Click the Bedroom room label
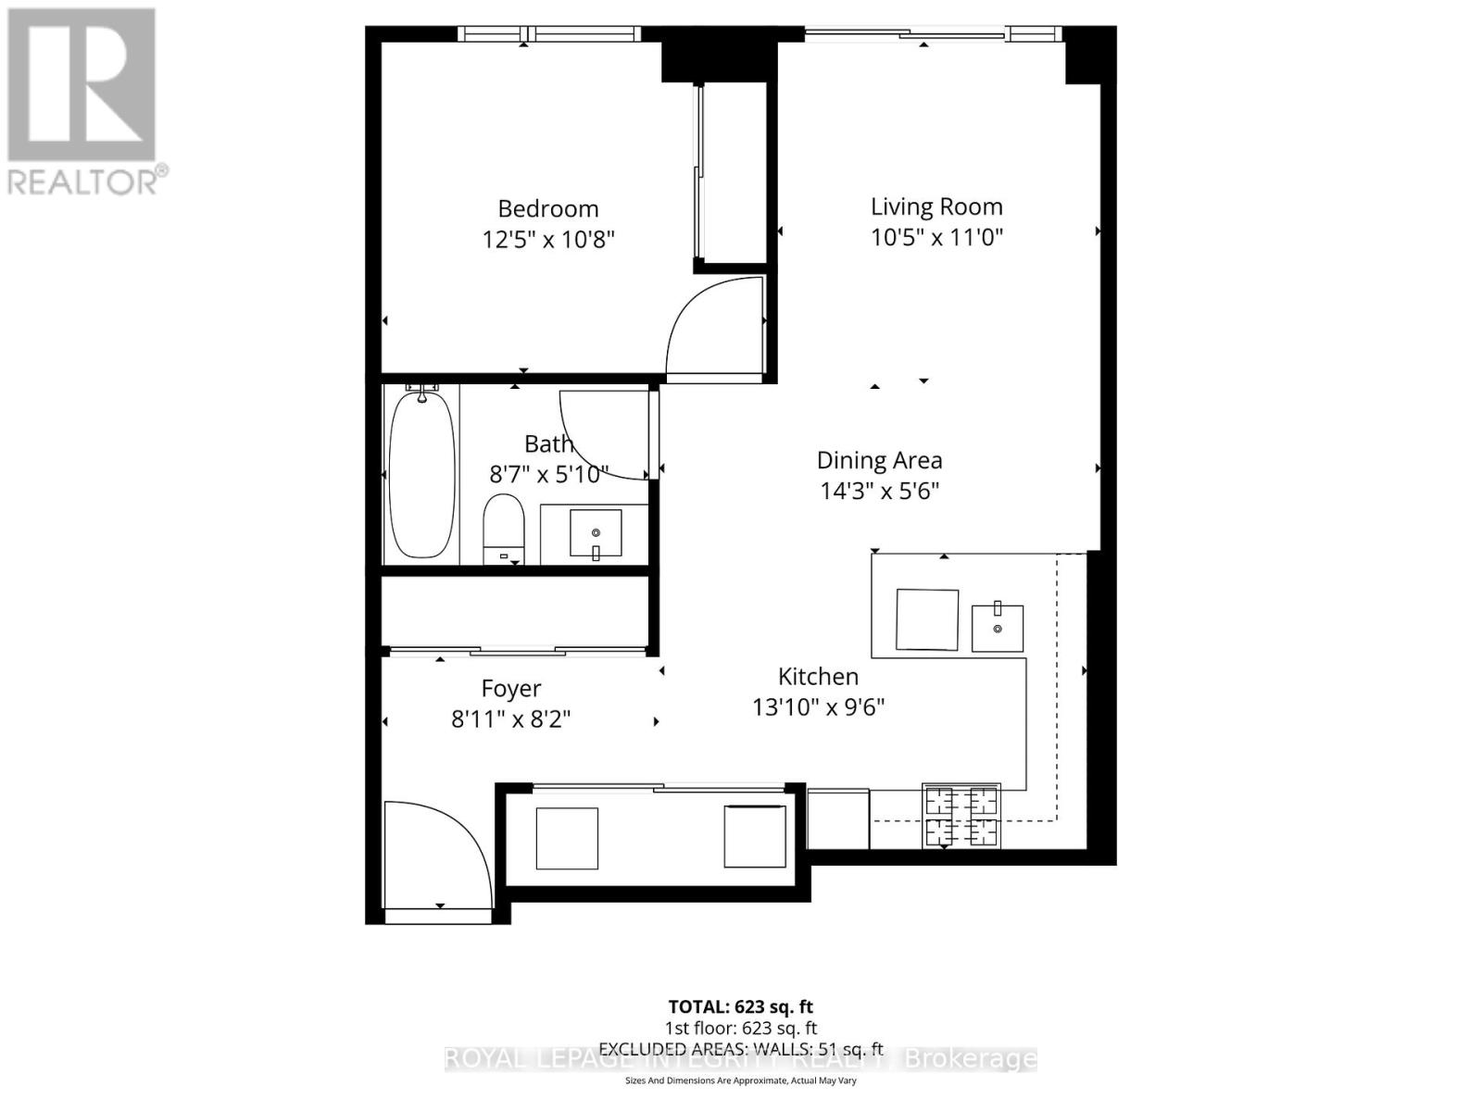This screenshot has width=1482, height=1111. coord(548,208)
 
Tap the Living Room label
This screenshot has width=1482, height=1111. coord(936,206)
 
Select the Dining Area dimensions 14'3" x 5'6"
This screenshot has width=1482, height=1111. coord(880,491)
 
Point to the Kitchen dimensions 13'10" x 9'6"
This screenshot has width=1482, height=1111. coord(819,707)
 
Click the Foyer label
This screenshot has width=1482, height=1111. coord(511,689)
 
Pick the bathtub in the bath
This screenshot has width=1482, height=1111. coord(422,474)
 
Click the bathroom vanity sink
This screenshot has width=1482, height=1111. coord(596,533)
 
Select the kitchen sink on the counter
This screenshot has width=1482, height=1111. coord(998,628)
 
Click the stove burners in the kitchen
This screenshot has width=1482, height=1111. coord(961,816)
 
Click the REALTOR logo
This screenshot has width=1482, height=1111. coord(83,102)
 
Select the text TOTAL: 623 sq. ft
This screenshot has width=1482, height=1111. coord(741,1006)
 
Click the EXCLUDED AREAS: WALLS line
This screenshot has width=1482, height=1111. coord(741,1049)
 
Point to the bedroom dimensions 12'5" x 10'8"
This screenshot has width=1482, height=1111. coord(548,240)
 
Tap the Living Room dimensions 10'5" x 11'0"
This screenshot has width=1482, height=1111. coord(936,237)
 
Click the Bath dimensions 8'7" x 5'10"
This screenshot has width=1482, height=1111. coord(548,475)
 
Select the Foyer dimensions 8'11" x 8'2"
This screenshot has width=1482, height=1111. coord(511,719)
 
